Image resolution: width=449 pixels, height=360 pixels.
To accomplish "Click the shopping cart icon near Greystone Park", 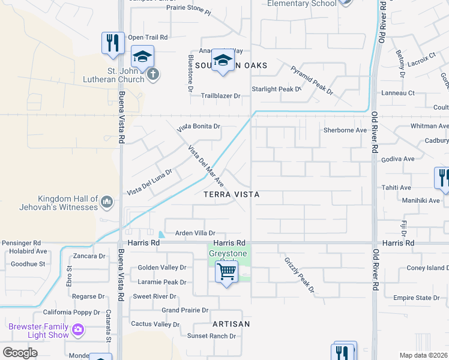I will point(226,272).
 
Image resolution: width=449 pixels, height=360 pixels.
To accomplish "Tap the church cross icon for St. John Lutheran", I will point(153,74).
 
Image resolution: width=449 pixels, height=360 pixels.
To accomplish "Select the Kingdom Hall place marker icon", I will point(107,201).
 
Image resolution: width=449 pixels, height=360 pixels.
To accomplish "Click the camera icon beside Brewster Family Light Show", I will point(77,329).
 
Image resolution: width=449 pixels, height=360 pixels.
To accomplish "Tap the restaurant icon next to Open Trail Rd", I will point(113,43).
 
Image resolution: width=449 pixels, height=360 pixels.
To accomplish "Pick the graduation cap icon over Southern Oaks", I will point(223,61).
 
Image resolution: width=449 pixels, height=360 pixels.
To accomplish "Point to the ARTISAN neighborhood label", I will point(231,323).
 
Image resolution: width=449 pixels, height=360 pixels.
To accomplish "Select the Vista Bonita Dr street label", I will point(199,127).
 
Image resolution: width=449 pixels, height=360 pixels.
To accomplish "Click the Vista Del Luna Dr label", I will point(149,182).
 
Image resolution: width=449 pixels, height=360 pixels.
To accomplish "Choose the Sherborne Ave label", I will point(345,130).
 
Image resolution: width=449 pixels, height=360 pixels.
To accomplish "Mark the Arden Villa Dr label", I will point(194,233).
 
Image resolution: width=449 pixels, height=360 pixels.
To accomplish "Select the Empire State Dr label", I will point(420,298).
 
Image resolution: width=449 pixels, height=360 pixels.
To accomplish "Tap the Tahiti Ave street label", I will point(396,187).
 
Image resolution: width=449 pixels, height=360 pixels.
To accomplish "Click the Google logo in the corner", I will point(20,353).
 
